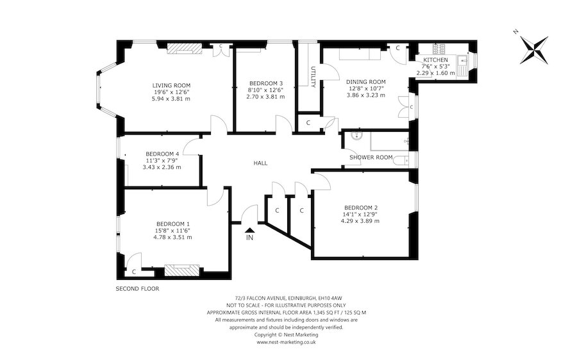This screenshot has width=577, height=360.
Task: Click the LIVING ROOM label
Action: point(171,85)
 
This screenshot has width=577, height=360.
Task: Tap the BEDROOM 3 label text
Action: point(265,83)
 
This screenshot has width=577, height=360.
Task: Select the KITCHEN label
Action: point(436,60)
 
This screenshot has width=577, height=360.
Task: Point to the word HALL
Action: point(260,163)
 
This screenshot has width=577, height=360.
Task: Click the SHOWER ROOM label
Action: point(371,158)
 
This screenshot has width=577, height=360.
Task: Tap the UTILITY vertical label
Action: point(313,77)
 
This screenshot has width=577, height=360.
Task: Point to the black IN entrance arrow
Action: point(250,230)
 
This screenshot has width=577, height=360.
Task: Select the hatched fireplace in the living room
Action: point(185,49)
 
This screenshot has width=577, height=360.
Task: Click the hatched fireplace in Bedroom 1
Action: point(182,270)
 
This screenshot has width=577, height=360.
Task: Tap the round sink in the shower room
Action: point(356,135)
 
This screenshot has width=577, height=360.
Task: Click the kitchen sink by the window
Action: point(462,65)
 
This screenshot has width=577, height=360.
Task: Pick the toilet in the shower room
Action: point(401,160)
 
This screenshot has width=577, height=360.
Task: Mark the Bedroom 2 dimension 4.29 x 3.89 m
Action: point(360,221)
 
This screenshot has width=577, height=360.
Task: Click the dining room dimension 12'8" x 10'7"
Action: point(366,88)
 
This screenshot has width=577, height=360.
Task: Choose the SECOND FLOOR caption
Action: point(138,289)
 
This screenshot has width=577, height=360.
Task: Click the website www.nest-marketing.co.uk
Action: point(287,342)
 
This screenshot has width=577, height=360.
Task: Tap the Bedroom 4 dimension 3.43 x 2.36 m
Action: point(162,167)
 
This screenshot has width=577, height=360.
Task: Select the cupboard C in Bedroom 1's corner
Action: point(134,272)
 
